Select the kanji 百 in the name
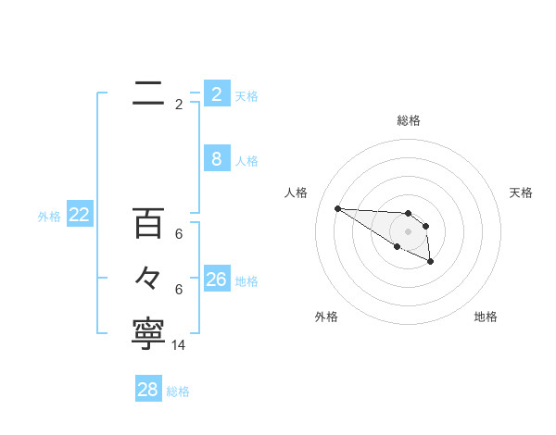tap(148, 223)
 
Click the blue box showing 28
tap(147, 390)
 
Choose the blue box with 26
tap(216, 280)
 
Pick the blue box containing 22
tap(79, 215)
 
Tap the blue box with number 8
tap(216, 159)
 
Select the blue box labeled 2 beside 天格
tap(216, 94)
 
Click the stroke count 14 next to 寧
tap(179, 344)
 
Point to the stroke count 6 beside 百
tap(179, 235)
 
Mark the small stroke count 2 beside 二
tap(179, 105)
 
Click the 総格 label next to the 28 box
tap(178, 391)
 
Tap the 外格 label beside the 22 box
tap(49, 217)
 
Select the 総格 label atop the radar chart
tap(409, 120)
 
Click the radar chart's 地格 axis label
tap(486, 317)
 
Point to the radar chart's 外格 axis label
tap(326, 317)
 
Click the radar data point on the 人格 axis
tap(337, 208)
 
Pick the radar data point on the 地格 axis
tap(431, 263)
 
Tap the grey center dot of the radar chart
tap(409, 231)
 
